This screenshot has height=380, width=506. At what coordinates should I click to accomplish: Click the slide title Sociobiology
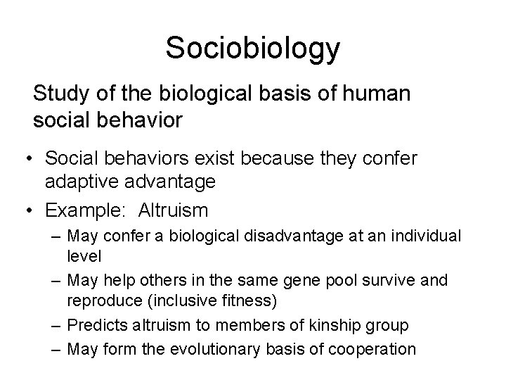pos(253,48)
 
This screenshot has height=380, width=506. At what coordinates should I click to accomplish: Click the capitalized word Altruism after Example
pos(173,210)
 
